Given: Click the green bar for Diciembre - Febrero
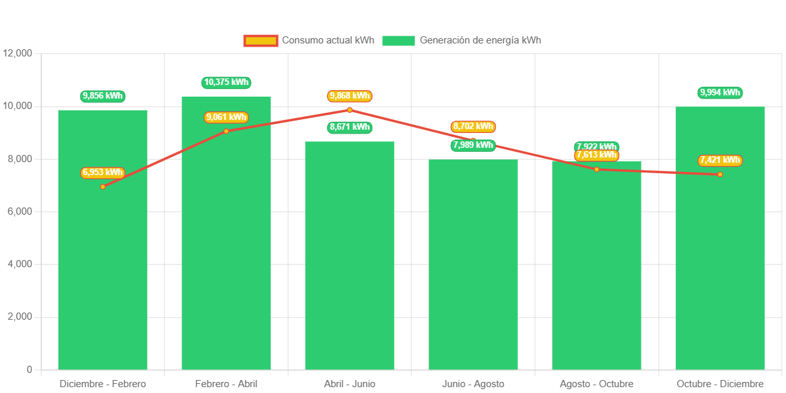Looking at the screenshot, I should tap(103, 272).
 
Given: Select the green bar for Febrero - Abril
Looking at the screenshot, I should tap(226, 259).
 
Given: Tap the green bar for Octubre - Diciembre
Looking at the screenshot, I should tap(720, 272).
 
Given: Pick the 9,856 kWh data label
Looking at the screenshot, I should tap(103, 96).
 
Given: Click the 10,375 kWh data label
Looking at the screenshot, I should tap(226, 82).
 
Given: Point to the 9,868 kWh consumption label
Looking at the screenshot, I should tap(350, 96).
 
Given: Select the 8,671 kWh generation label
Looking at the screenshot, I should tap(350, 127).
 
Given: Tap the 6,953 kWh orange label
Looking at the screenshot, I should tap(102, 173).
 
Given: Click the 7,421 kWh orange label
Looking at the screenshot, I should tap(720, 160).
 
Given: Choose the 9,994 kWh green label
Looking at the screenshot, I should tap(720, 93).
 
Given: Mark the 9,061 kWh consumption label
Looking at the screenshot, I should tap(226, 117).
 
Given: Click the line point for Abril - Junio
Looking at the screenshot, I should tap(350, 110).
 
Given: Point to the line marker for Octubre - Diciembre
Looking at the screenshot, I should tap(720, 174).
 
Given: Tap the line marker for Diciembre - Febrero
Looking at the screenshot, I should tap(102, 187).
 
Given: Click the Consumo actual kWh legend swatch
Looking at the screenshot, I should tap(260, 41).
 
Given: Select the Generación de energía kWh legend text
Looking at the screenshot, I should tap(480, 40).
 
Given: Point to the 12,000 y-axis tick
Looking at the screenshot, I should tap(17, 53).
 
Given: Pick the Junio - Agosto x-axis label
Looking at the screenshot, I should tap(473, 384).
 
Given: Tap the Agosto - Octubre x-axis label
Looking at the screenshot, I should tap(596, 384).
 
